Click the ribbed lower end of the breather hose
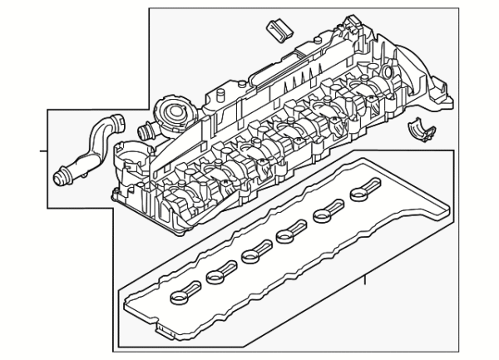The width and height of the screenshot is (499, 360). (x=62, y=176)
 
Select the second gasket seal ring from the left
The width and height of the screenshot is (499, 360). (x=218, y=272)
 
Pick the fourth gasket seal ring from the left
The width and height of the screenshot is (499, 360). (x=289, y=234)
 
